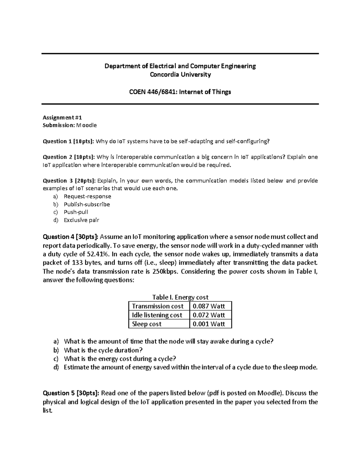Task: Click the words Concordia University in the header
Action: pyautogui.click(x=180, y=75)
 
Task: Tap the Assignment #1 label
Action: pyautogui.click(x=62, y=117)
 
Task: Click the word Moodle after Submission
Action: pyautogui.click(x=86, y=125)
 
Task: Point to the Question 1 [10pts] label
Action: pyautogui.click(x=68, y=141)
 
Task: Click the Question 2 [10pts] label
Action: pyautogui.click(x=68, y=157)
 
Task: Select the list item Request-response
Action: pyautogui.click(x=87, y=197)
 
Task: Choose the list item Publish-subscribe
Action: pyautogui.click(x=87, y=204)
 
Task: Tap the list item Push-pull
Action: pyautogui.click(x=76, y=212)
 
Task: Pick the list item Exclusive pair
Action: pyautogui.click(x=81, y=220)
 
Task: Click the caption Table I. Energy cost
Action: pyautogui.click(x=180, y=297)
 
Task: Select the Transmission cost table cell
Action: pyautogui.click(x=158, y=306)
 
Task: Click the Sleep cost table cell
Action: pyautogui.click(x=147, y=324)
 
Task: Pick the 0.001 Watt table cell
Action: pyautogui.click(x=209, y=324)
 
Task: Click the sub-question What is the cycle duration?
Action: pyautogui.click(x=103, y=350)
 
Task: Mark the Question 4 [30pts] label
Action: pyautogui.click(x=70, y=237)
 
